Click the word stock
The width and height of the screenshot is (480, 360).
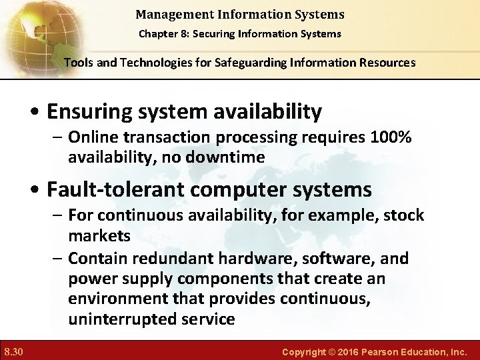click(403, 215)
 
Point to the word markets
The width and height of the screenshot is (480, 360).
click(99, 236)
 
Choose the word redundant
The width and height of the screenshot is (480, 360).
click(175, 258)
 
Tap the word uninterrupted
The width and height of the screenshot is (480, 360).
click(123, 319)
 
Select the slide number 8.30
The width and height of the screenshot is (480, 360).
click(13, 351)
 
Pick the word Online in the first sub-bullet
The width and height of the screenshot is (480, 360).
click(90, 137)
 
